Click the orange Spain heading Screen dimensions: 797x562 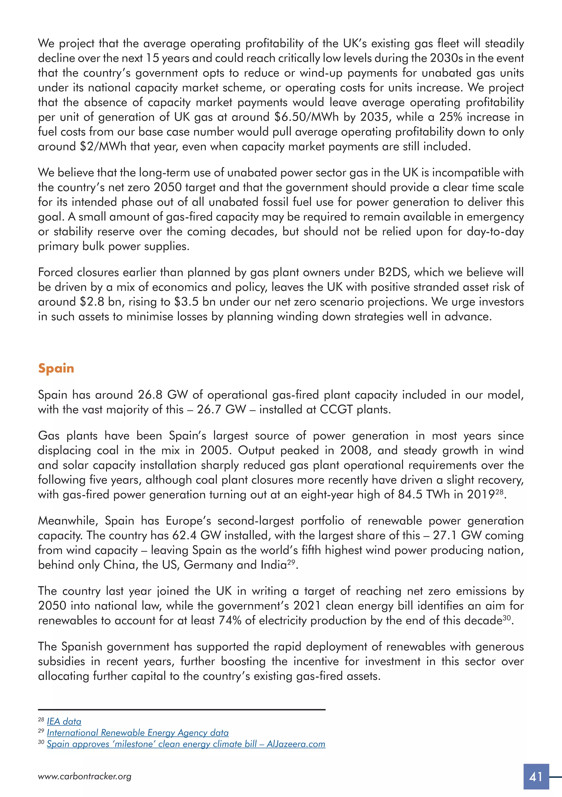tap(56, 368)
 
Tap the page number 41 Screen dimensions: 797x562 tap(536, 776)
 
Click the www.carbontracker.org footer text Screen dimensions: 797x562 tap(85, 776)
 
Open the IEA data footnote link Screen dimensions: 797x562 tap(64, 721)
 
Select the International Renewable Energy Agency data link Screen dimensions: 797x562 tap(137, 733)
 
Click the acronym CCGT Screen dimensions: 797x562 tap(336, 410)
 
